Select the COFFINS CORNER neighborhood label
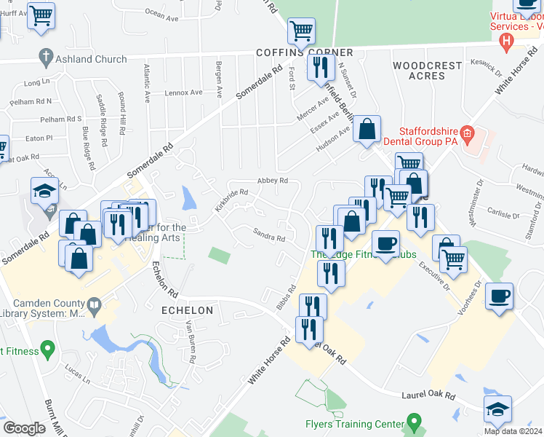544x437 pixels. coord(304,52)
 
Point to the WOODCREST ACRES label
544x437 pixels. coord(428,71)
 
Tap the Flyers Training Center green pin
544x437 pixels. coord(415,421)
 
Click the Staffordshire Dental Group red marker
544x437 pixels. coord(468,134)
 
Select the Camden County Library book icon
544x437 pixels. coord(93,304)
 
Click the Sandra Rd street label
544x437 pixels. coord(268,237)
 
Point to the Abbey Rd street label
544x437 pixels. coord(273,181)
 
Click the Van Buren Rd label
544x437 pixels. coord(191,342)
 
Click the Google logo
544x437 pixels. coord(24,428)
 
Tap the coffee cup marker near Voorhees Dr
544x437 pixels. coord(499,297)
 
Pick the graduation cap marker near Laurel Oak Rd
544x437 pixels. coord(497,409)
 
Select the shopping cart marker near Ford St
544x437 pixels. coord(300,31)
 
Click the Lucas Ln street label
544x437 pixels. coord(76,379)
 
